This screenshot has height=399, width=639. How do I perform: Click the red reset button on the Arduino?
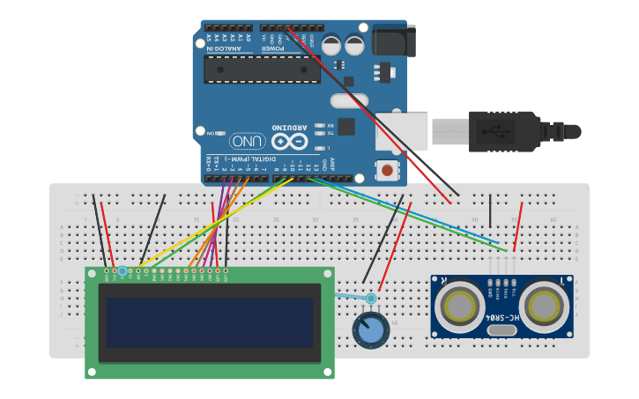tap(387, 169)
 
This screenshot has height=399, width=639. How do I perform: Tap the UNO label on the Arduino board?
tap(248, 141)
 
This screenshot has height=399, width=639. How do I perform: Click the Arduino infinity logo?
tap(290, 141)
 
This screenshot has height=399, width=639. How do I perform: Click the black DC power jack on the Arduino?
tap(393, 41)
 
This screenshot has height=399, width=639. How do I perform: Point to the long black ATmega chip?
tap(262, 70)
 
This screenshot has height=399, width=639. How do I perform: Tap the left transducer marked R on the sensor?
tap(460, 306)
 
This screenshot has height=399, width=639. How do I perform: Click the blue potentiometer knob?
tap(370, 330)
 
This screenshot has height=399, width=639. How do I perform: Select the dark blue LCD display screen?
tap(210, 322)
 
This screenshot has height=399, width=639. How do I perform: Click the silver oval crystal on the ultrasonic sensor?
tap(501, 330)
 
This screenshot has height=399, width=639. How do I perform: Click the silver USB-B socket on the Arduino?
tap(401, 131)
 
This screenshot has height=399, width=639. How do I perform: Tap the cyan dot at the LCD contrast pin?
tap(123, 270)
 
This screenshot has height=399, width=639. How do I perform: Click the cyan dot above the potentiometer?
tap(371, 299)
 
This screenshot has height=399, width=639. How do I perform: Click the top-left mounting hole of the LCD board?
tap(92, 274)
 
